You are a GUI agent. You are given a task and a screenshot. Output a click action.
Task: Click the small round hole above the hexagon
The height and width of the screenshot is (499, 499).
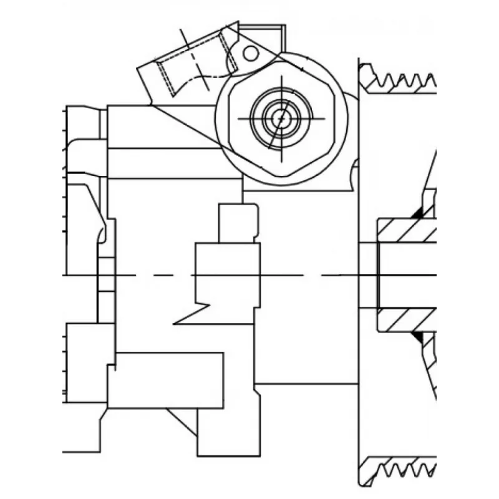[250, 53]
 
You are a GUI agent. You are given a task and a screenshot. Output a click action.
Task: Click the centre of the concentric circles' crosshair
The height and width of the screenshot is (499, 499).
[281, 118]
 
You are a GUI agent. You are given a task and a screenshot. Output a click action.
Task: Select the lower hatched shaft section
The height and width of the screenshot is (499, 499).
[405, 319]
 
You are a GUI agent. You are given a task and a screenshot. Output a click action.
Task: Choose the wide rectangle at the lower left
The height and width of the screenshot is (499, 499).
[165, 380]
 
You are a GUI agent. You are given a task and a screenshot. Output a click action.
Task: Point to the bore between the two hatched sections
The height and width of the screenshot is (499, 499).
[405, 274]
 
